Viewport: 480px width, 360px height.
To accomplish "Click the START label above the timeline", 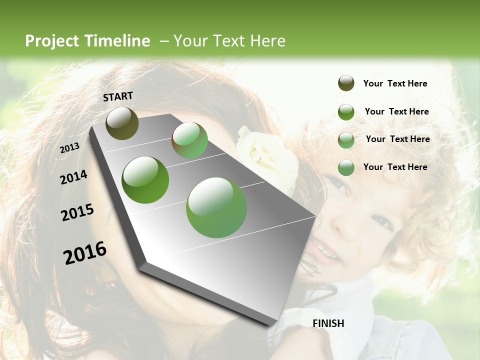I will click(x=118, y=96).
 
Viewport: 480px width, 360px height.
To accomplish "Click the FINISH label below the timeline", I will click(x=328, y=323).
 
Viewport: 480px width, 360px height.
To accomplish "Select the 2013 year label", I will click(x=69, y=148).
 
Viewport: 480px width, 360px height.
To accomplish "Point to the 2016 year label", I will click(x=85, y=253).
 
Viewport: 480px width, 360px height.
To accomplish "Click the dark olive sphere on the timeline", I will click(x=122, y=123).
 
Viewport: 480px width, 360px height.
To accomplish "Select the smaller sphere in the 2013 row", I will click(x=189, y=140).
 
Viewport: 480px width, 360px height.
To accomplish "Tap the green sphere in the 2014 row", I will click(x=145, y=180).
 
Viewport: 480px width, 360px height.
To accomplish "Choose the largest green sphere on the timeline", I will click(x=216, y=207).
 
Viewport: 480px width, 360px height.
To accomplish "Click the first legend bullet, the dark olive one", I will click(x=346, y=83).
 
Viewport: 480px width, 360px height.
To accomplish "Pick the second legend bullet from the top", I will click(x=346, y=112).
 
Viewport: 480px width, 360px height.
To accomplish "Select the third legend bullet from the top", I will click(x=346, y=140).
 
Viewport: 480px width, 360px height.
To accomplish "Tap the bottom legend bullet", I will click(x=346, y=167).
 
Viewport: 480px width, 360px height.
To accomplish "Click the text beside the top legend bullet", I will click(x=395, y=83).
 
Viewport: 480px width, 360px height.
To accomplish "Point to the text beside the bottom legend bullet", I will click(x=395, y=167).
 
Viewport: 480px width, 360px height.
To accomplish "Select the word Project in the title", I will click(x=52, y=41).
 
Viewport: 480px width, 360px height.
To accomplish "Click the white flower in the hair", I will click(x=262, y=155).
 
